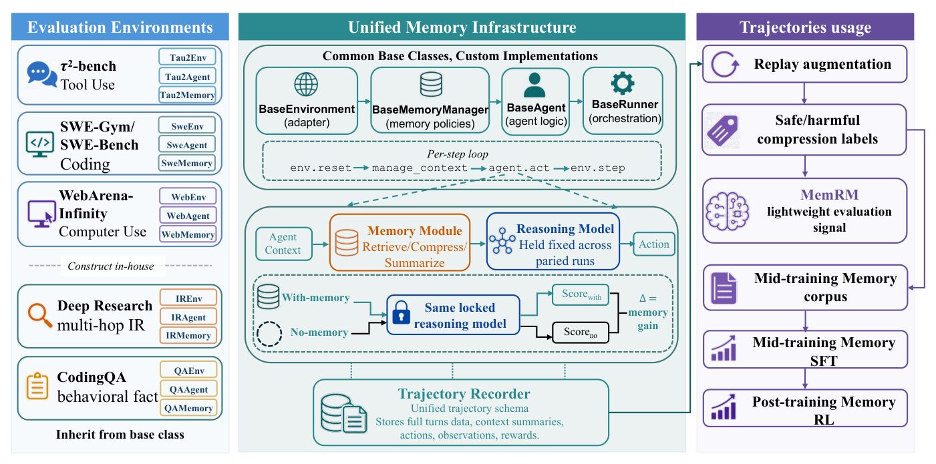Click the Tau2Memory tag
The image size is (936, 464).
187,95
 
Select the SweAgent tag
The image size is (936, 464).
187,144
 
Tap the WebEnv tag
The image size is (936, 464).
188,197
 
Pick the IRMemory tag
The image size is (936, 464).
188,335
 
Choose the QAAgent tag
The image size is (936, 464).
188,389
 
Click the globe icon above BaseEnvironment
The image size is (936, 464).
306,84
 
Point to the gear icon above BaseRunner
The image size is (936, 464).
623,83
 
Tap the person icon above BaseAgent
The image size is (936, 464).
534,85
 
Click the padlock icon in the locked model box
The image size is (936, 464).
401,312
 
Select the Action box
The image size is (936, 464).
654,244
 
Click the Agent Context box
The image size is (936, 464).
284,244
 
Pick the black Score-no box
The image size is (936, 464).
581,332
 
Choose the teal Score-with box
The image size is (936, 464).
581,294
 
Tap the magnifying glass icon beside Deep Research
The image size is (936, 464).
39,315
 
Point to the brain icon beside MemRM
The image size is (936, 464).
727,212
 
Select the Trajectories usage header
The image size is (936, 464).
805,27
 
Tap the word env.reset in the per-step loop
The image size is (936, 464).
321,168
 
